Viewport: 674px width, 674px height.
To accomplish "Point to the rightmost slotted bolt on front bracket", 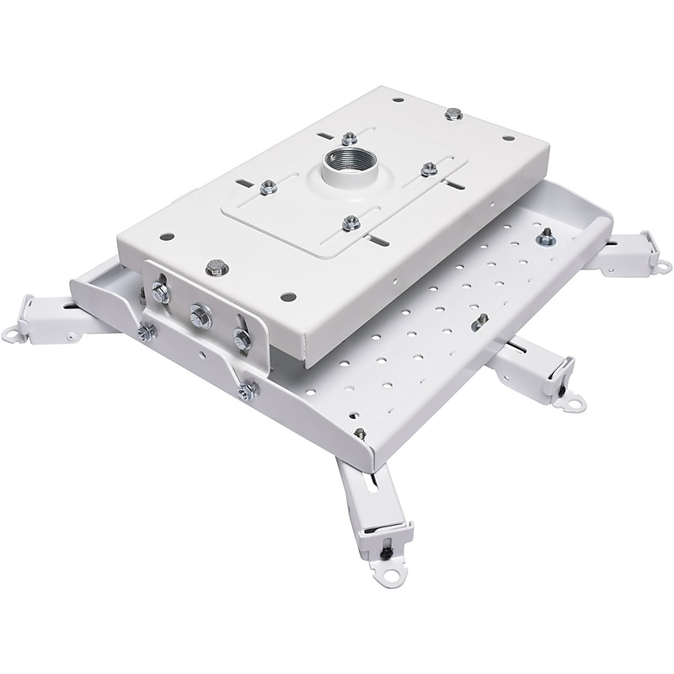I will click(242, 339).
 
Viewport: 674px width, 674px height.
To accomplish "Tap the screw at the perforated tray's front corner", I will click(359, 435).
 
